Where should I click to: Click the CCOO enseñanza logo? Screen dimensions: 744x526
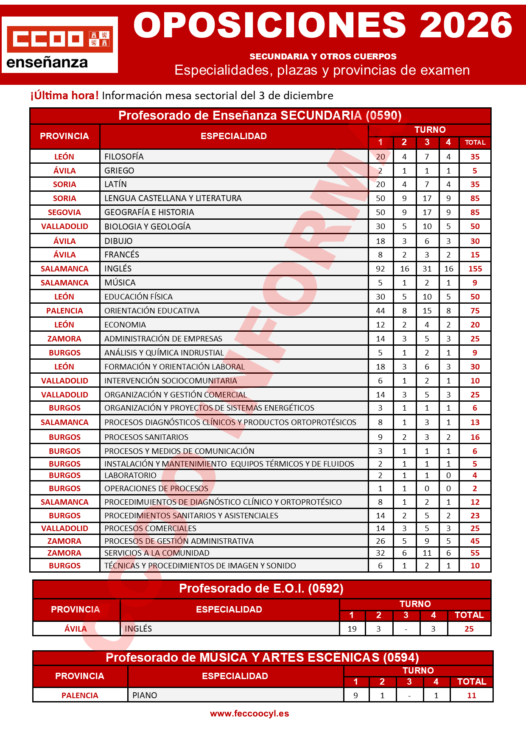pos(60,45)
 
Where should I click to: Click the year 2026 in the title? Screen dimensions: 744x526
pos(466,25)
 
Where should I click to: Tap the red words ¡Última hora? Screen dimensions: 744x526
pos(64,95)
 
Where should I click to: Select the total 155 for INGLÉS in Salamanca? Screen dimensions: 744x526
pos(475,269)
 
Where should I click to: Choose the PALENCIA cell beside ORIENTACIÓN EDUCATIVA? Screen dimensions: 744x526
pos(64,311)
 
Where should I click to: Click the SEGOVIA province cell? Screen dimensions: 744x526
pos(64,213)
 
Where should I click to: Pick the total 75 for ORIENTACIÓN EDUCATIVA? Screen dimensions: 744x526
pos(475,311)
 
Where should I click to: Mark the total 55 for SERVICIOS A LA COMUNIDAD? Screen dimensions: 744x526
pos(475,553)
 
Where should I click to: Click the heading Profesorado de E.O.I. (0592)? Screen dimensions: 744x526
pos(261,589)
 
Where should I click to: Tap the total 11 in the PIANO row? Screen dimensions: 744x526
pos(472,696)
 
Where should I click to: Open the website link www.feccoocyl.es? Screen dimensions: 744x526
pos(249,714)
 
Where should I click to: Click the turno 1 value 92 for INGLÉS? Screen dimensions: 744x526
pos(381,269)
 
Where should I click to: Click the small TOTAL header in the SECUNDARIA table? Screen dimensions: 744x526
pos(475,143)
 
